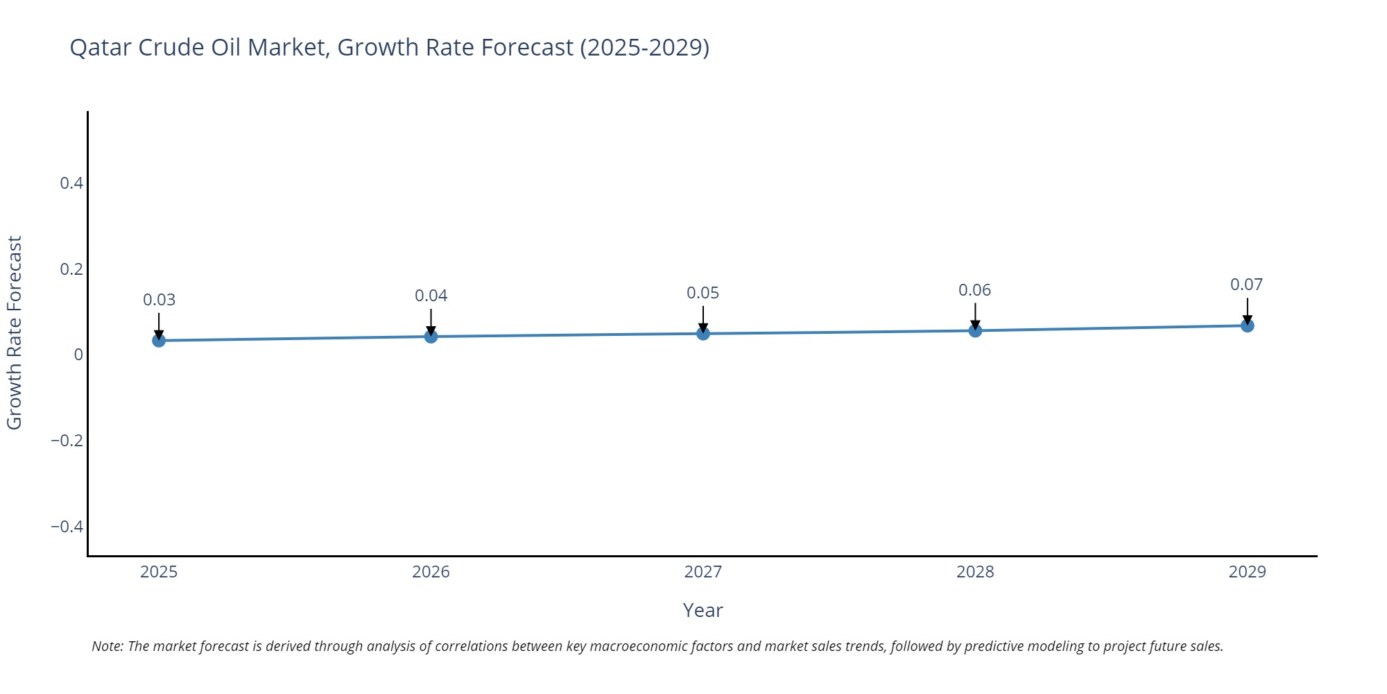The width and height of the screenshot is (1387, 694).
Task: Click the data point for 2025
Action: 159,340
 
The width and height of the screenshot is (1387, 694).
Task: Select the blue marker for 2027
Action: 703,334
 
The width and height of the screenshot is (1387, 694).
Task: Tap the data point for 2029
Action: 1247,325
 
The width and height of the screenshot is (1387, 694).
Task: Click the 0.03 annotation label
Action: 159,300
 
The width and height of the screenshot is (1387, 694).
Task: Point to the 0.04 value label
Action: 431,296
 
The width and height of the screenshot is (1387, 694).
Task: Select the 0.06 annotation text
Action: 974,290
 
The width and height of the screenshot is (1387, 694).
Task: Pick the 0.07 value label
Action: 1246,285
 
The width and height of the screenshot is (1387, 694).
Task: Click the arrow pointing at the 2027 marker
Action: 703,319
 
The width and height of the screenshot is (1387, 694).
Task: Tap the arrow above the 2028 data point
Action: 975,316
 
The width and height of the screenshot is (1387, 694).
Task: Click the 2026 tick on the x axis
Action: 431,572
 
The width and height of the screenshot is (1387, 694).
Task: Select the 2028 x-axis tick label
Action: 975,572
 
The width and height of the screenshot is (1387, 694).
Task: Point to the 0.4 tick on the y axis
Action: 71,183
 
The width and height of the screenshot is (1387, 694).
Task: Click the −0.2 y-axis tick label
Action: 67,441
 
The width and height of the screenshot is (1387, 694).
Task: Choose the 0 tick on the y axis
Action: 78,355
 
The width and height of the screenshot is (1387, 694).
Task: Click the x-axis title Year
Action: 703,610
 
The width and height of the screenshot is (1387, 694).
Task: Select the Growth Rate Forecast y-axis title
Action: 15,332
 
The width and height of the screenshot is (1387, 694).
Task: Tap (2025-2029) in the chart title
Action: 644,47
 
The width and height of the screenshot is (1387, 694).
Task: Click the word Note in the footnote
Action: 107,646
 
